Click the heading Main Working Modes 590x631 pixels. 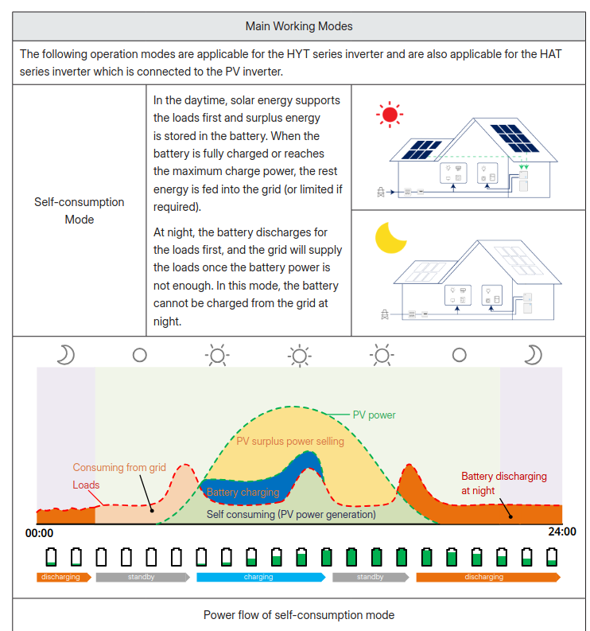pyautogui.click(x=299, y=26)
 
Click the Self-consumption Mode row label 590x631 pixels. pyautogui.click(x=80, y=211)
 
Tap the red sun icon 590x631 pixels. pyautogui.click(x=390, y=115)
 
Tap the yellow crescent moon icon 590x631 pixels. pyautogui.click(x=390, y=237)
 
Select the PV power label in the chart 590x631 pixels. pyautogui.click(x=374, y=415)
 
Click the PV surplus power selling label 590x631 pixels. pyautogui.click(x=290, y=441)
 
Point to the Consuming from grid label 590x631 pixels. pyautogui.click(x=119, y=467)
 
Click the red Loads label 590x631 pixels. pyautogui.click(x=87, y=485)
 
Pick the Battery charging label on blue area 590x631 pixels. pyautogui.click(x=243, y=493)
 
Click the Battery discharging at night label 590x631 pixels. pyautogui.click(x=503, y=483)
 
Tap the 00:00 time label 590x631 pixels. pyautogui.click(x=40, y=533)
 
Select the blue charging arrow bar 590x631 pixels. pyautogui.click(x=260, y=577)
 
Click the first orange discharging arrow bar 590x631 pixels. pyautogui.click(x=61, y=577)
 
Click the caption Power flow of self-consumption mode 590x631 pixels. pyautogui.click(x=299, y=615)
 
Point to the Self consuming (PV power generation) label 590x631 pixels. pyautogui.click(x=291, y=514)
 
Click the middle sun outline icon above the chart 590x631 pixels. pyautogui.click(x=299, y=354)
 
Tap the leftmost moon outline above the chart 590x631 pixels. pyautogui.click(x=65, y=354)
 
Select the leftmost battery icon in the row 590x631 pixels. pyautogui.click(x=52, y=556)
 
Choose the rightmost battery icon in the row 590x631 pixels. pyautogui.click(x=552, y=556)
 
